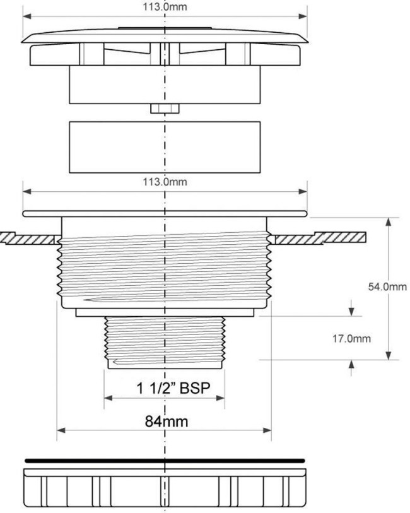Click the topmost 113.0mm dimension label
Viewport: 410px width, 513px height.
165,6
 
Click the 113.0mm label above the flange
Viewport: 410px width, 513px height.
165,182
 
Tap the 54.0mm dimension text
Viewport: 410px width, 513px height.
387,287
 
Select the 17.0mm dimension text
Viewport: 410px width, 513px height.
352,338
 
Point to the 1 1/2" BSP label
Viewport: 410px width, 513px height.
173,388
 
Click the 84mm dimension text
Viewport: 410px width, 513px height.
167,422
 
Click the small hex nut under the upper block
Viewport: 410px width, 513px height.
165,109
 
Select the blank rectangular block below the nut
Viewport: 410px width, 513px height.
165,147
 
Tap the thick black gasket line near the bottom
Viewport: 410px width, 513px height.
165,461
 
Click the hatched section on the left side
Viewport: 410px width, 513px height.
30,238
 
